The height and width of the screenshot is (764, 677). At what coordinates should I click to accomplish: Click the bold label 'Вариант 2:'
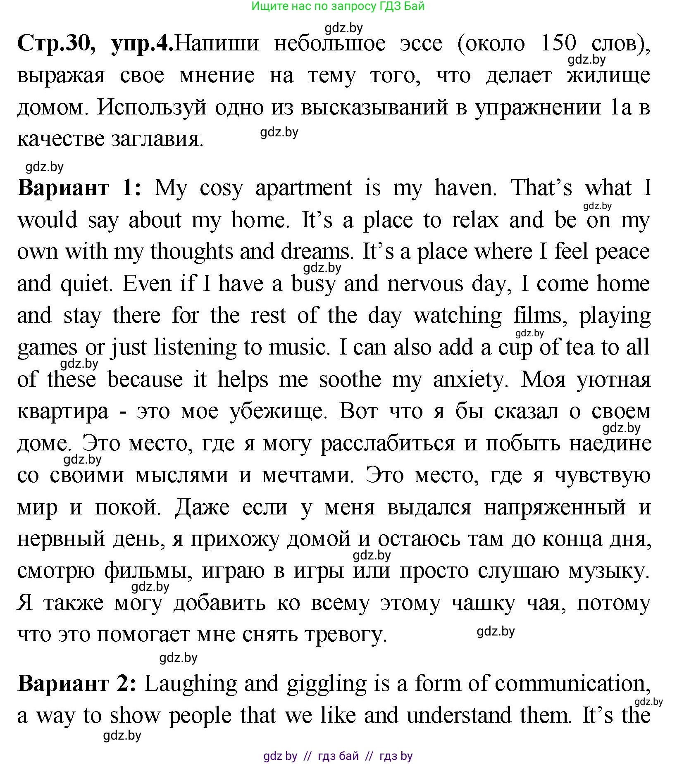(x=77, y=684)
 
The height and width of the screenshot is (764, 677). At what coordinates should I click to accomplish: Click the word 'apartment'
(x=304, y=188)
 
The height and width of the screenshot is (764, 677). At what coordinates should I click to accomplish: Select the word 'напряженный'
(x=555, y=507)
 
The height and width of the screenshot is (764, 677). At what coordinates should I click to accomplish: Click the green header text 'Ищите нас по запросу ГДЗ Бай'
(x=338, y=6)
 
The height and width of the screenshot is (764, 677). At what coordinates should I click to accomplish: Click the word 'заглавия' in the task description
(x=157, y=140)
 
